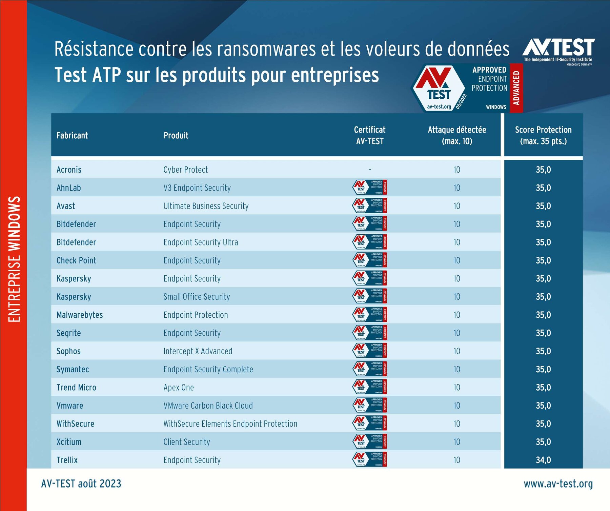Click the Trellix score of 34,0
543,460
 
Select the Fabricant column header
72,135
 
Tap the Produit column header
176,135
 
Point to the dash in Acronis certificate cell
370,169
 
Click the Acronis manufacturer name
69,170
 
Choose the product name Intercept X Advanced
198,351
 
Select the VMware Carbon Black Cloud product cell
208,406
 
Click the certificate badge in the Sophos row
370,351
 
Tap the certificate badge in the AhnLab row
370,187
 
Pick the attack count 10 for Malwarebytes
457,315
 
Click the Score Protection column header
543,135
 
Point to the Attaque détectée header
457,135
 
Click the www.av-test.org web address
558,484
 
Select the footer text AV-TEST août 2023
81,484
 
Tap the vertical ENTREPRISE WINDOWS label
14,259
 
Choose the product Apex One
179,387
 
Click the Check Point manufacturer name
76,260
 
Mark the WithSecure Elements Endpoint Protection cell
230,424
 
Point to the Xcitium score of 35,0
543,442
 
